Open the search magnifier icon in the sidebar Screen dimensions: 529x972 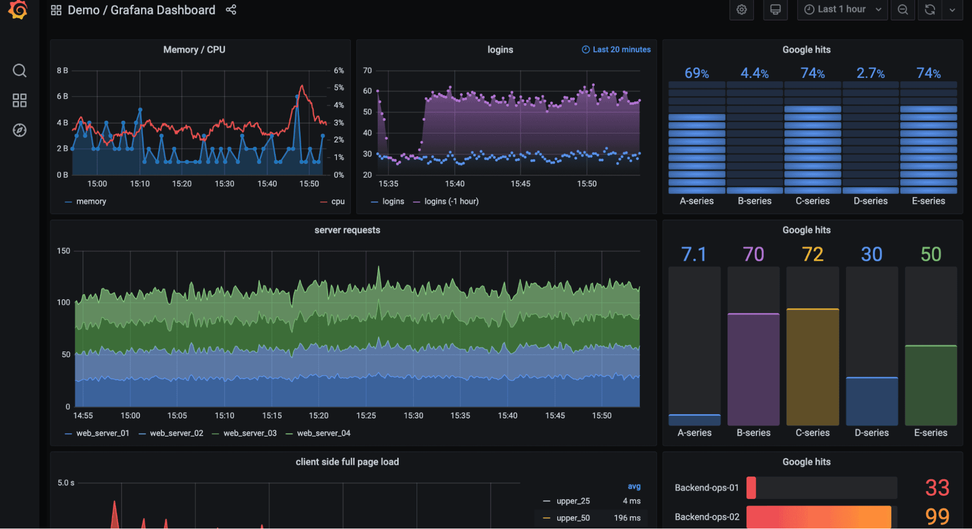pyautogui.click(x=19, y=71)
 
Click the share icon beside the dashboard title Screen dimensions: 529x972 pyautogui.click(x=231, y=10)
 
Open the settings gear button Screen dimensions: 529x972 pyautogui.click(x=742, y=10)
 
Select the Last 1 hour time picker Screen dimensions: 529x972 pyautogui.click(x=842, y=10)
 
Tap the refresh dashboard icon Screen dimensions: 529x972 pyautogui.click(x=930, y=10)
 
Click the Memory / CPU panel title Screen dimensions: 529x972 pyautogui.click(x=194, y=50)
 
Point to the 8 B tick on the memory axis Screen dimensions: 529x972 pyautogui.click(x=62, y=71)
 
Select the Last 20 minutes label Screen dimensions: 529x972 pyautogui.click(x=617, y=50)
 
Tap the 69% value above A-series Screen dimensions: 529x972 pyautogui.click(x=696, y=73)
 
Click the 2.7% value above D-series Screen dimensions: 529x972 pyautogui.click(x=870, y=73)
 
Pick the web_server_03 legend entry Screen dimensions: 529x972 pyautogui.click(x=249, y=433)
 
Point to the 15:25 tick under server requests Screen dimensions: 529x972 pyautogui.click(x=366, y=416)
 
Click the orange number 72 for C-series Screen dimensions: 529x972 pyautogui.click(x=812, y=255)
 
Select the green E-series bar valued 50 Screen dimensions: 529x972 pyautogui.click(x=930, y=384)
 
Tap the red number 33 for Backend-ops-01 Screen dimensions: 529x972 pyautogui.click(x=937, y=488)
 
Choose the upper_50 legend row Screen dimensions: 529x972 pyautogui.click(x=573, y=518)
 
